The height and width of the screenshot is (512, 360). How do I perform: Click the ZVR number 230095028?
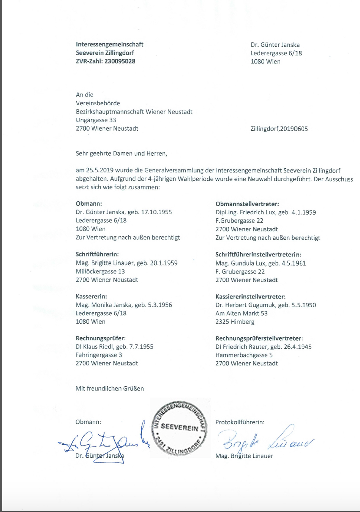120,61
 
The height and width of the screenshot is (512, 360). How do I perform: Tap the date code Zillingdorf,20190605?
279,129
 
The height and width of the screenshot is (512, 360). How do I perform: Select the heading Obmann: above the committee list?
89,204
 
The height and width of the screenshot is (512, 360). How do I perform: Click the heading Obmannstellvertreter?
247,204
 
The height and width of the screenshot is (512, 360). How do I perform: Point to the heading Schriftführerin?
97,254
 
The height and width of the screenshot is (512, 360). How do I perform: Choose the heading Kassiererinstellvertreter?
250,297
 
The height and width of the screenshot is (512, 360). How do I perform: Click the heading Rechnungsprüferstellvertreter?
259,338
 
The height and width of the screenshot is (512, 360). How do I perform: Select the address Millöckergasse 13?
100,271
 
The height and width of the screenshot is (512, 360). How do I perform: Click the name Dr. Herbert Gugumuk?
245,305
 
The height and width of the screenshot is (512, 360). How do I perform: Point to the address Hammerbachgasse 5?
244,355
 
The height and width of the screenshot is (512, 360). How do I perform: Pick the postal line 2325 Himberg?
235,322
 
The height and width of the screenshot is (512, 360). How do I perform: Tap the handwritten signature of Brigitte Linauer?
266,441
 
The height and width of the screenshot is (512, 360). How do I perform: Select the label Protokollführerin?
240,422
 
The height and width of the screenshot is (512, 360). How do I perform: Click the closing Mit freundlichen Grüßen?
110,389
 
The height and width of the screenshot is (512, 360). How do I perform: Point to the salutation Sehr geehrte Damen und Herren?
121,153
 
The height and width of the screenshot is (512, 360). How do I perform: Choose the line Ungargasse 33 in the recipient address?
96,120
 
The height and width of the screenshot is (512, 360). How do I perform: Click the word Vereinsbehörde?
98,103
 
